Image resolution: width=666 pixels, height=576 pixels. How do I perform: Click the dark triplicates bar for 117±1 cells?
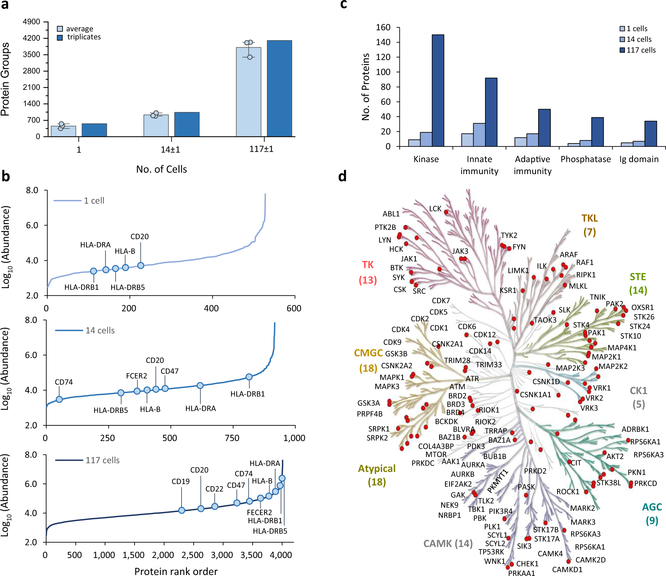pyautogui.click(x=279, y=88)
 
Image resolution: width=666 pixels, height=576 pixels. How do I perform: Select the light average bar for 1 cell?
pyautogui.click(x=63, y=131)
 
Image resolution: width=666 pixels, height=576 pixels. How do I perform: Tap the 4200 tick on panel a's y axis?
pyautogui.click(x=31, y=38)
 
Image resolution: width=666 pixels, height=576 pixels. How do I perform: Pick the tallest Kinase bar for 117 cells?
pyautogui.click(x=438, y=90)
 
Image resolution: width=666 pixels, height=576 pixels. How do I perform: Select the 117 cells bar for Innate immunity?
pyautogui.click(x=491, y=112)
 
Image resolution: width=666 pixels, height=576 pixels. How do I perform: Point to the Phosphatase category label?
pyautogui.click(x=585, y=159)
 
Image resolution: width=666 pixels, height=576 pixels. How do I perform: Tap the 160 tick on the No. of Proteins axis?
pyautogui.click(x=383, y=27)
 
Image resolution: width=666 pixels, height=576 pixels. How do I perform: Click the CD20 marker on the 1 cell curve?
pyautogui.click(x=141, y=265)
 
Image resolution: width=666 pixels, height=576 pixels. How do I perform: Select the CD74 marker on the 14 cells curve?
pyautogui.click(x=59, y=399)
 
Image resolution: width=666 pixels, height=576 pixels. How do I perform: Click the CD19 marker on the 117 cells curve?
pyautogui.click(x=182, y=510)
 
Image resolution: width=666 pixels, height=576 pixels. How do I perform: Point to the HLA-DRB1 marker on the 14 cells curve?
pyautogui.click(x=249, y=377)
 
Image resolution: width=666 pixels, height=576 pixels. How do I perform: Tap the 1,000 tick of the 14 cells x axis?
pyautogui.click(x=294, y=438)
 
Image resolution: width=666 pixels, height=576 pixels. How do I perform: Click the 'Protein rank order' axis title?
pyautogui.click(x=176, y=571)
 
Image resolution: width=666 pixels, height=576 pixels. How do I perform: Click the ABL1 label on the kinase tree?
pyautogui.click(x=391, y=214)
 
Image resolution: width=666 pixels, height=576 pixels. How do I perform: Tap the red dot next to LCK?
pyautogui.click(x=446, y=212)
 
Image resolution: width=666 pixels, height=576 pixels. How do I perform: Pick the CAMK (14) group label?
pyautogui.click(x=448, y=544)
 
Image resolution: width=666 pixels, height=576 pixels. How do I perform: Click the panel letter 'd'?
pyautogui.click(x=342, y=176)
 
